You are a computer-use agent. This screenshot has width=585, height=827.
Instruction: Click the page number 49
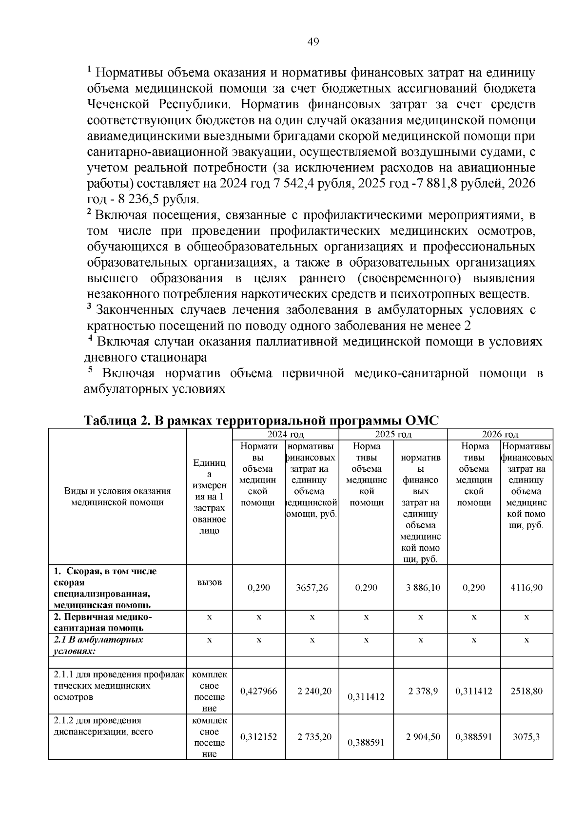313,42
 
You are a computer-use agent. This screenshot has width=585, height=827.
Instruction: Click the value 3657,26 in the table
312,588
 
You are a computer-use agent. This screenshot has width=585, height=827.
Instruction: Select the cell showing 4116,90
526,588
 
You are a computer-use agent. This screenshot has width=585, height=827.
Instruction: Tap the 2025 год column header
393,434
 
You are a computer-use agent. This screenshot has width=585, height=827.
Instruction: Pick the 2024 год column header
286,434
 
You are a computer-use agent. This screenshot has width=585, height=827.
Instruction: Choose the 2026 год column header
500,434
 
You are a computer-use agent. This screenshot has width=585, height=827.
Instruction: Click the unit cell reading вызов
210,582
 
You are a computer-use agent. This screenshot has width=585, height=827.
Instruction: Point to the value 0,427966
259,691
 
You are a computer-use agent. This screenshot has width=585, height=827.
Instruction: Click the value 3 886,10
423,588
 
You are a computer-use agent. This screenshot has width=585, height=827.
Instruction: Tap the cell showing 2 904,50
423,736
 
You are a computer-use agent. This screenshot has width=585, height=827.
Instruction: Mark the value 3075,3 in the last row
526,737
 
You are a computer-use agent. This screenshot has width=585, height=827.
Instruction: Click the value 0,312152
259,737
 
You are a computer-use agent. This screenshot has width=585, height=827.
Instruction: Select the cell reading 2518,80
526,691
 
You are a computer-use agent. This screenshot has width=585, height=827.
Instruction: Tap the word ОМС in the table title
422,421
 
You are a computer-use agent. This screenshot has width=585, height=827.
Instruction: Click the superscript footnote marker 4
90,338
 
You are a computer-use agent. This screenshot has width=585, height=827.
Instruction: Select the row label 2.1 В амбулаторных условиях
97,645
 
